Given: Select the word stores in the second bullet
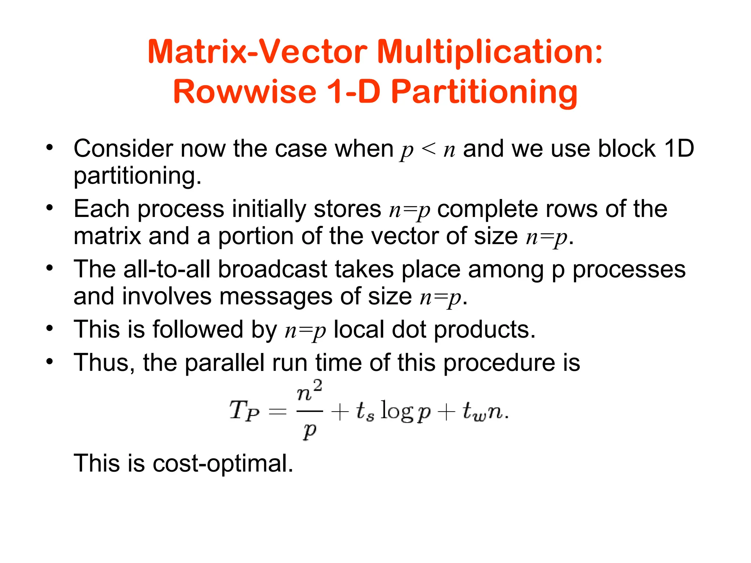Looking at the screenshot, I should tap(347, 209).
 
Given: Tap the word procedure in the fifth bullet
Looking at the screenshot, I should tap(499, 363).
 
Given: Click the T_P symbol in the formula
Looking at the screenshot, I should tap(244, 411).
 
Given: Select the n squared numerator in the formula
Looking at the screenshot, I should tap(309, 392).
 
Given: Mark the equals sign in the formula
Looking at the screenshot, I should tap(278, 412).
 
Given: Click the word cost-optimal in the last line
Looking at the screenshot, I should tap(223, 463).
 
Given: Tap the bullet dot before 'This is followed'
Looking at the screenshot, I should tap(50, 328).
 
